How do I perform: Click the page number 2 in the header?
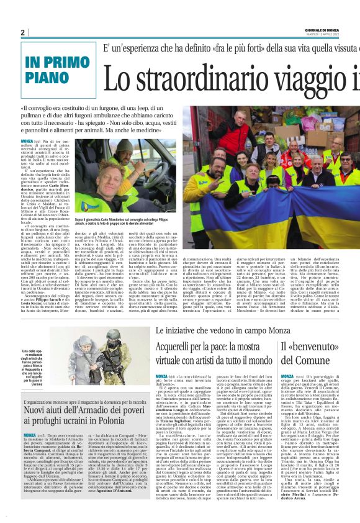coord(22,32)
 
